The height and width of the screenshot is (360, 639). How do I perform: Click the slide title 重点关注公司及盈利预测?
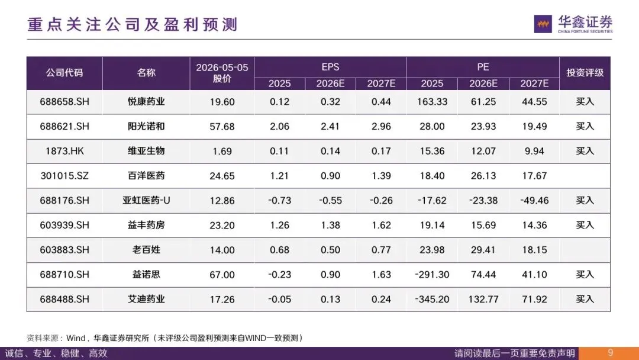[132, 24]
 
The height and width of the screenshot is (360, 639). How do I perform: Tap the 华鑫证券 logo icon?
[543, 24]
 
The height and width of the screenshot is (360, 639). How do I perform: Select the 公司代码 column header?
[64, 73]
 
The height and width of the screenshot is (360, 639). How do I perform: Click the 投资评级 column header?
[585, 73]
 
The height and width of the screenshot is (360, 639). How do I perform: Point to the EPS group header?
[330, 67]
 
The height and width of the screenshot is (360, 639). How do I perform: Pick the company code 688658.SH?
[64, 102]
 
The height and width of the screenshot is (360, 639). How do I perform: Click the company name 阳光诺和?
[146, 126]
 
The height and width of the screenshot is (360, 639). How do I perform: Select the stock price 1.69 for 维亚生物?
[222, 151]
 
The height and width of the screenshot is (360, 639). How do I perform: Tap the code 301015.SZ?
[64, 176]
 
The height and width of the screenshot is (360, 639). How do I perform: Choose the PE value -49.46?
[534, 201]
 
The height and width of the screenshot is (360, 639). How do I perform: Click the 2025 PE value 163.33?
[432, 102]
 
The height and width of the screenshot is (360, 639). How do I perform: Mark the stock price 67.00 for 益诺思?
[222, 275]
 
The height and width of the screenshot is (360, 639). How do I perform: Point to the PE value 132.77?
[483, 299]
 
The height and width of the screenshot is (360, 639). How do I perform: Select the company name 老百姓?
[146, 250]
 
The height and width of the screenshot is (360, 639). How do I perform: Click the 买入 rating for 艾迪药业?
[585, 299]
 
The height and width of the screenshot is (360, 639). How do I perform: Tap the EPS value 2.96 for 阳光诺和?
[381, 126]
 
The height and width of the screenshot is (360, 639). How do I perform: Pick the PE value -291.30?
[432, 275]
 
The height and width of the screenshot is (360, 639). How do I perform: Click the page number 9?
[610, 353]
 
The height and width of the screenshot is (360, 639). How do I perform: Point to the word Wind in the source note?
[75, 338]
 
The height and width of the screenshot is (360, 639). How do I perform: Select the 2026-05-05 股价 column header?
[222, 73]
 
